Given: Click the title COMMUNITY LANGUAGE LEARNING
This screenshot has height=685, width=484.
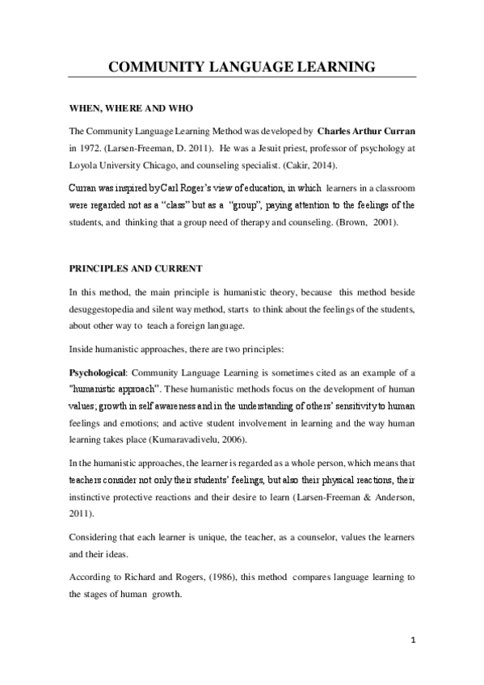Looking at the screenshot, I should coord(242,67).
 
